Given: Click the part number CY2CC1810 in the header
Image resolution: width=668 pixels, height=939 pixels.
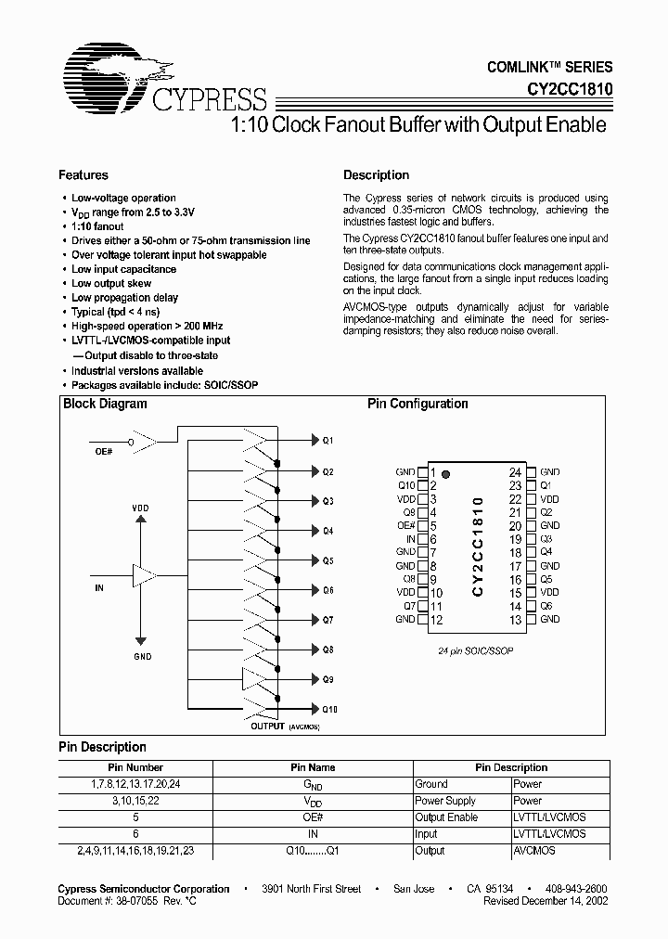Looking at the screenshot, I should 562,91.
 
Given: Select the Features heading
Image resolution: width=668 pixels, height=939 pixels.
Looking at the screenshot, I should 83,175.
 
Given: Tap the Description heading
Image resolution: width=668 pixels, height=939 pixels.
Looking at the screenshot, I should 376,175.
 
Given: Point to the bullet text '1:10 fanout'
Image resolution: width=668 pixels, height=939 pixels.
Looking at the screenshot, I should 97,226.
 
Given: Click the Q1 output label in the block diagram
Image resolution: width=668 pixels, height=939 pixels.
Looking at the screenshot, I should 328,441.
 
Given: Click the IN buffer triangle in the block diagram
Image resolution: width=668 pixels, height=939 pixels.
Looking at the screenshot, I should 143,575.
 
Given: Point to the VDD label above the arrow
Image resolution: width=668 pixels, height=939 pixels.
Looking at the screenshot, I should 140,508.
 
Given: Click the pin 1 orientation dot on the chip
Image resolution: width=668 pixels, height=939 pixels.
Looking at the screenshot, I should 446,473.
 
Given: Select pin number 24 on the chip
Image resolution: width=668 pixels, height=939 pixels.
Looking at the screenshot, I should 515,472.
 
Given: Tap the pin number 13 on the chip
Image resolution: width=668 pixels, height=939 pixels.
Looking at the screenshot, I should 515,620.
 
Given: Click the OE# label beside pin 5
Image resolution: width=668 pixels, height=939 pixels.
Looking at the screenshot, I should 406,525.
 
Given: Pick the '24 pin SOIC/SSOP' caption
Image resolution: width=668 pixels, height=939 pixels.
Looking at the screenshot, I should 476,651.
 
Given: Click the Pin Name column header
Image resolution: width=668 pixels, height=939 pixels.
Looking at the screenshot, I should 313,767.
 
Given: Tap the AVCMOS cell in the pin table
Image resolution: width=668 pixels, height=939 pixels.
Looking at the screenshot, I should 534,851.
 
